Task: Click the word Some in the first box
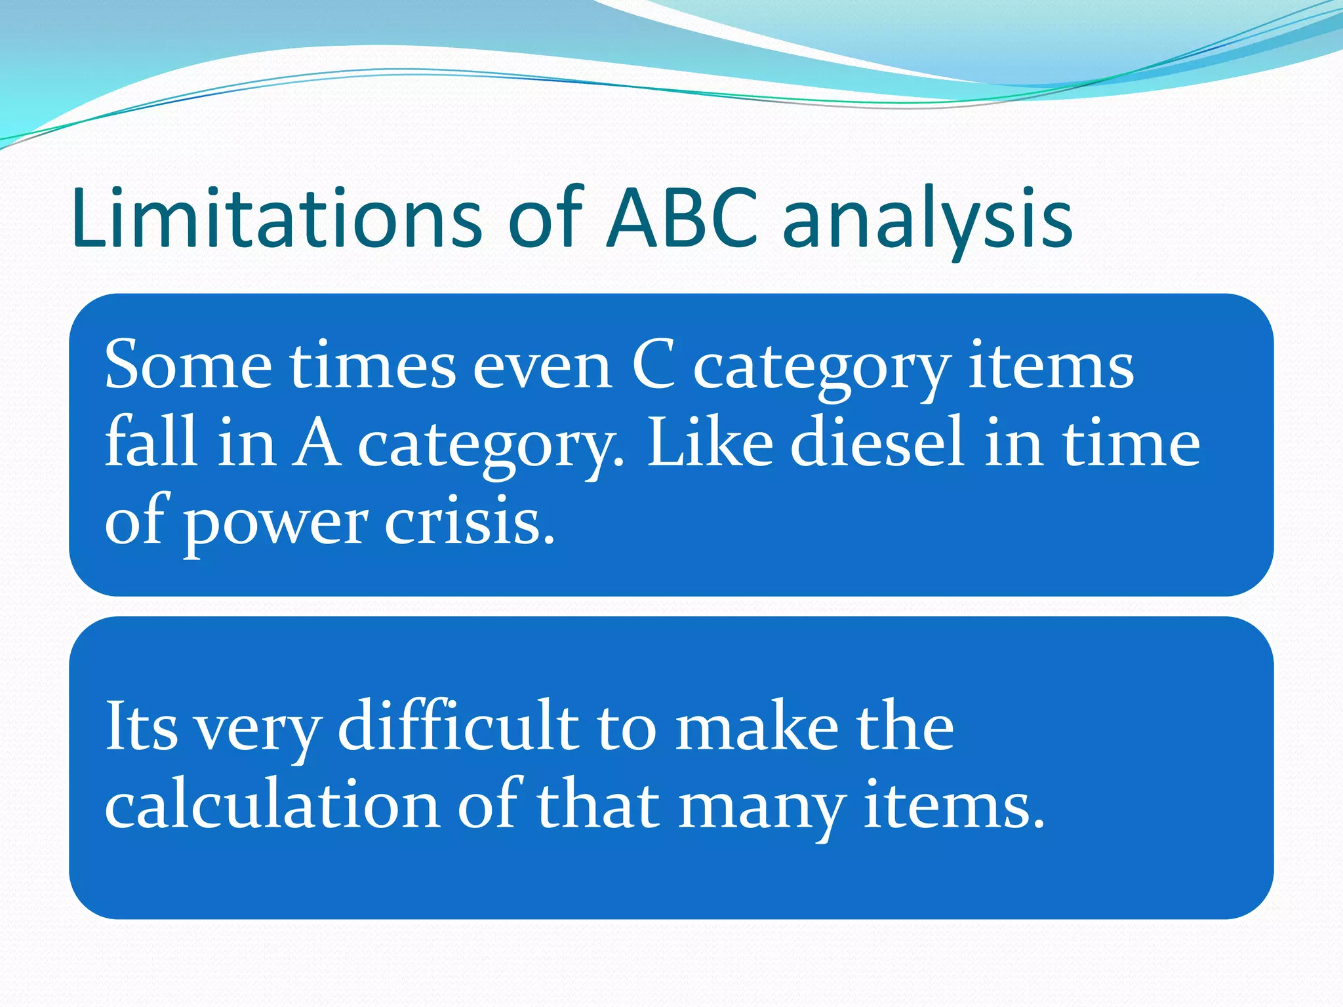coord(188,366)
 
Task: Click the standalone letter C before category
coord(653,366)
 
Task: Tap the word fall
coord(151,442)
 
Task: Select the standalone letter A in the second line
coord(315,443)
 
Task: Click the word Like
coord(710,442)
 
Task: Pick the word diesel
coord(877,442)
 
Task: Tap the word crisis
coord(470,522)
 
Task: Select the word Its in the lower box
coord(142,726)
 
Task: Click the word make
coord(757,726)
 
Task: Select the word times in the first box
coord(373,366)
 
